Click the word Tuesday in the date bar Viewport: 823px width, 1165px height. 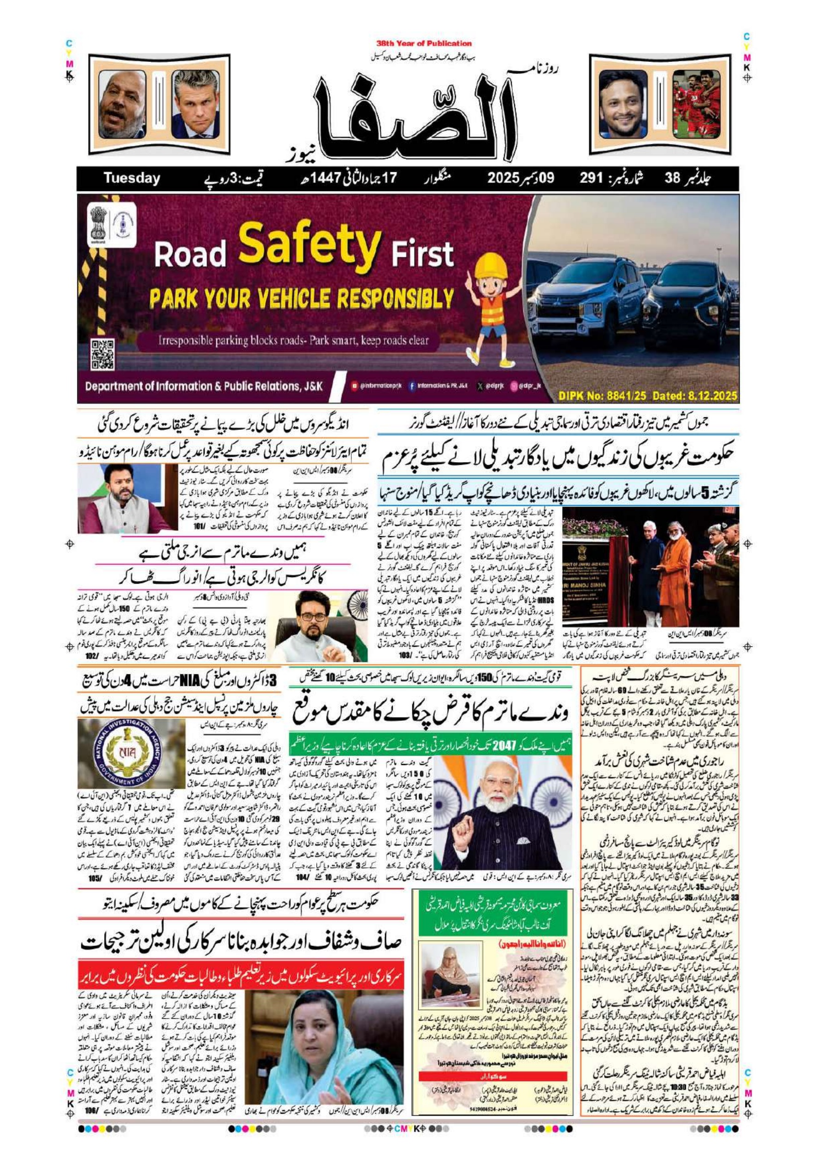(x=131, y=178)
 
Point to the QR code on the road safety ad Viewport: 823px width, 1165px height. (x=102, y=354)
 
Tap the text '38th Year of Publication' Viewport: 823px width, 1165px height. (x=424, y=44)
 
